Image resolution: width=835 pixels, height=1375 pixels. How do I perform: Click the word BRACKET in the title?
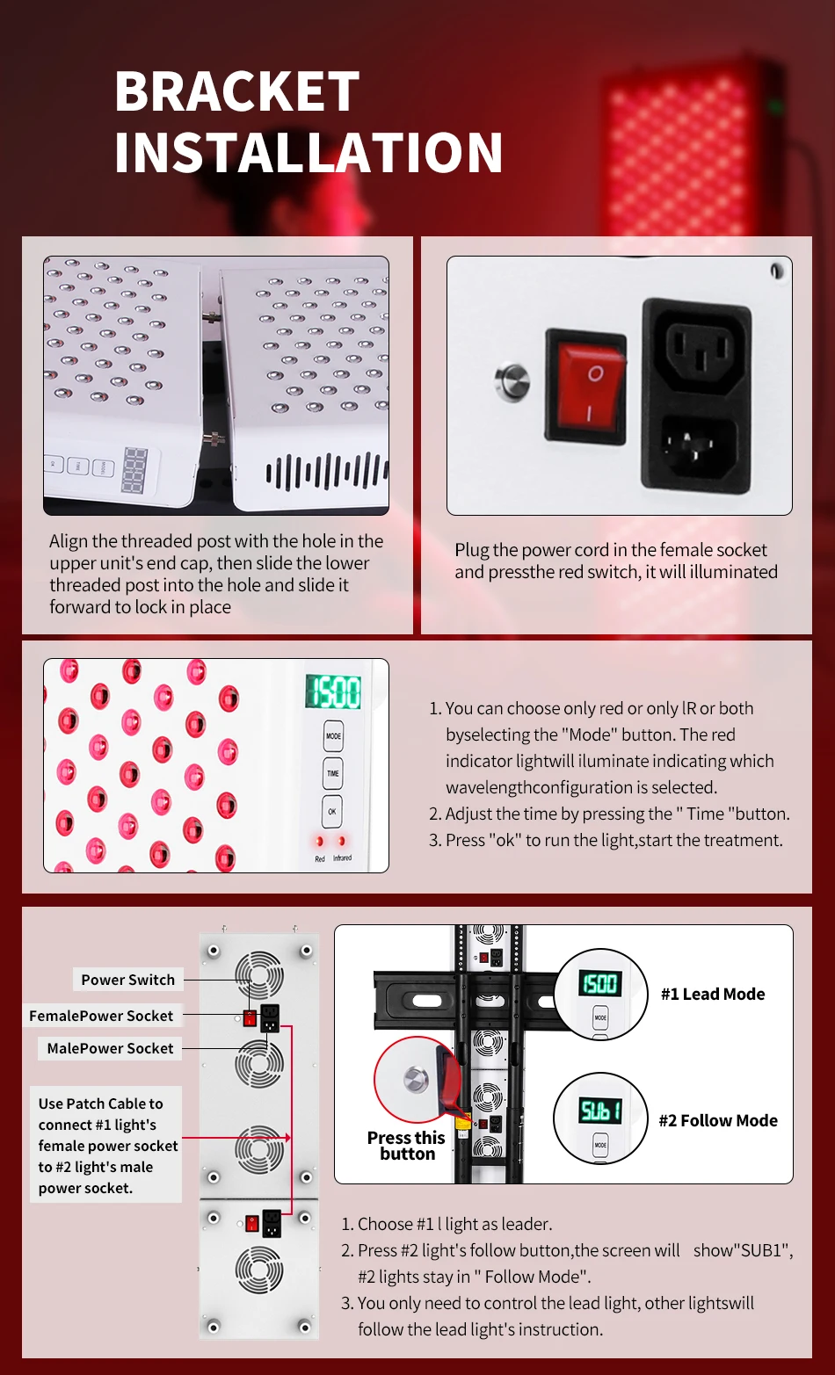[x=237, y=91]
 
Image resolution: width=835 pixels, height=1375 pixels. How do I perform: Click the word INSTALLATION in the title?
[x=309, y=153]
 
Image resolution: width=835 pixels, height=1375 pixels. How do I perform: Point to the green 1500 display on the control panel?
[x=333, y=692]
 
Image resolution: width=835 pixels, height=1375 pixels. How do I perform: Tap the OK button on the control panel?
[x=332, y=811]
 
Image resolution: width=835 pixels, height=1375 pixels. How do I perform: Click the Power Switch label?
[x=127, y=980]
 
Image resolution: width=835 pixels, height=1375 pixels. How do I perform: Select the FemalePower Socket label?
[x=101, y=1016]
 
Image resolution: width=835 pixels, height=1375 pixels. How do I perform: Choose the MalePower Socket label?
[x=110, y=1048]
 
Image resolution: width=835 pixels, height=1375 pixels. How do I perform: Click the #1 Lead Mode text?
[x=713, y=994]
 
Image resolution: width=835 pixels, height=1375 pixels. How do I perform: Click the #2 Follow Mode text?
[x=718, y=1120]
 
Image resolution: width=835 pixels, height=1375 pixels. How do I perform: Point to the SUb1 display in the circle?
[x=600, y=1111]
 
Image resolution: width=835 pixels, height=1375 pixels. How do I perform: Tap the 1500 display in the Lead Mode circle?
[x=600, y=984]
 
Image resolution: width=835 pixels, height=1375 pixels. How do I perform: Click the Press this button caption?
[x=406, y=1146]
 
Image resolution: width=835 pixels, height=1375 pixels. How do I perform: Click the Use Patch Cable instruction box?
[x=105, y=1146]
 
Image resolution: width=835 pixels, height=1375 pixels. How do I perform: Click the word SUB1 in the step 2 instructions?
[x=763, y=1250]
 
